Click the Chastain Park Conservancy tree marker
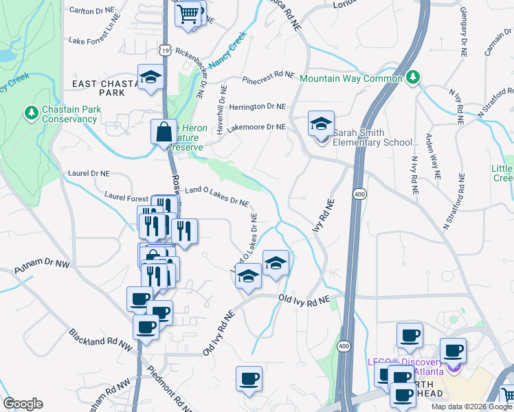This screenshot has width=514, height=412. click(31, 111)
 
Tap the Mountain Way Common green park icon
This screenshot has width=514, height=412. click(412, 77)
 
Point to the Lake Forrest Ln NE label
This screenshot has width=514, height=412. click(99, 41)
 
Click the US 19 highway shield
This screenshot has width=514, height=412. click(165, 49)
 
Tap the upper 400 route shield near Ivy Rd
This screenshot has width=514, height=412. click(359, 194)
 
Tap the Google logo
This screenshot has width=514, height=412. click(23, 404)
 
